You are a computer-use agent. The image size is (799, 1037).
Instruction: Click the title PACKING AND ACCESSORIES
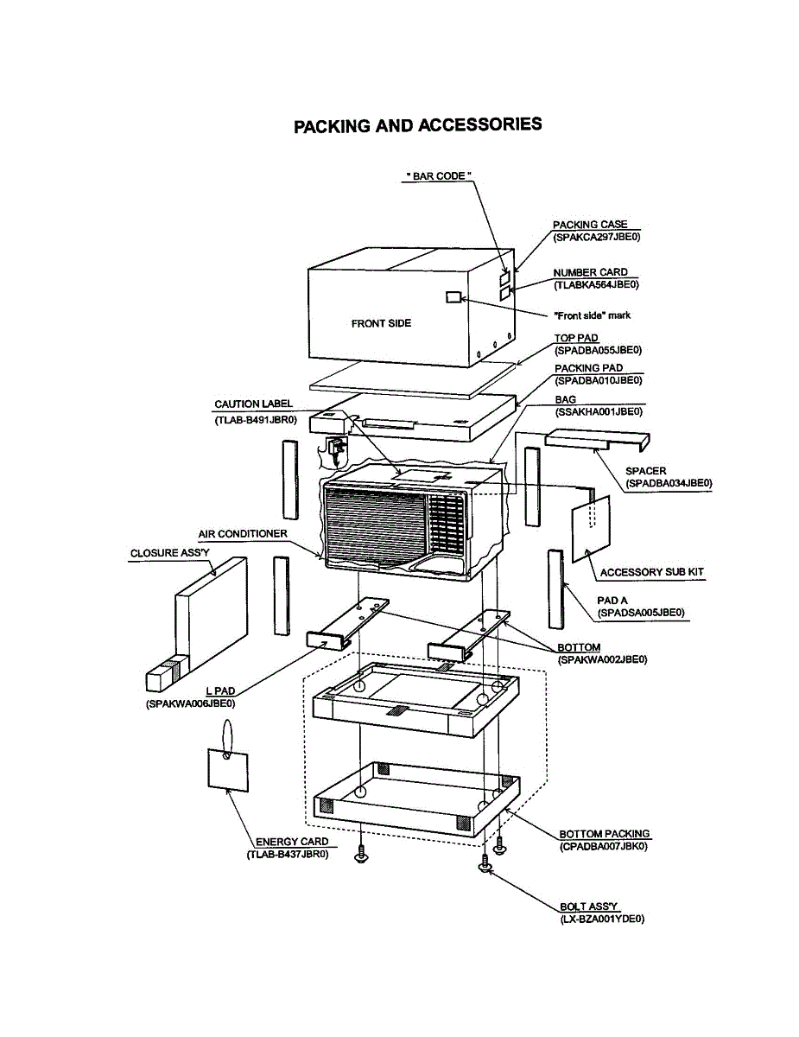tap(418, 125)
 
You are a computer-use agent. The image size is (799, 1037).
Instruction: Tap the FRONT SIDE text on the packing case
tap(381, 323)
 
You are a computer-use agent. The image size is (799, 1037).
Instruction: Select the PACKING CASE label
tap(590, 225)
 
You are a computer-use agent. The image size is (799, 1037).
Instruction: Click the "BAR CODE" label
tap(440, 176)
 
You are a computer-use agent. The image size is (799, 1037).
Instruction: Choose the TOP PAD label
tap(576, 338)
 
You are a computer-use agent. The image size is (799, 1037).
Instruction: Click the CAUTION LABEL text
tap(253, 404)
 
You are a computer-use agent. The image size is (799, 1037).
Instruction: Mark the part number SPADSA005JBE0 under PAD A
tap(641, 613)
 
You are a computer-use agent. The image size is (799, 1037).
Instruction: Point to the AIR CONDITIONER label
tap(242, 534)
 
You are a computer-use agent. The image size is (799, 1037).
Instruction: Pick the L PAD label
tap(221, 691)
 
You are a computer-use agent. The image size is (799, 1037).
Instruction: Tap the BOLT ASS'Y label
tap(589, 907)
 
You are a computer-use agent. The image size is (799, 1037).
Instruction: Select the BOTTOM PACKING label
tap(604, 834)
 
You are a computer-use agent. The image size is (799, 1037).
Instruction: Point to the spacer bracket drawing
tap(596, 442)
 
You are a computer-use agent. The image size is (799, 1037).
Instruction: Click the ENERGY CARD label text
tap(291, 842)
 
